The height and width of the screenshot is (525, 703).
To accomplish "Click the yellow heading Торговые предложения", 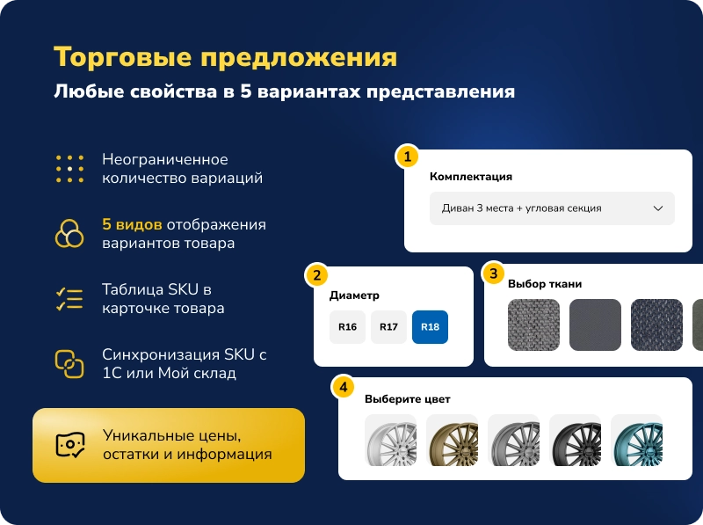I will click(x=225, y=57).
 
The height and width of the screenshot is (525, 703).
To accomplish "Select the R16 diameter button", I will click(x=347, y=327).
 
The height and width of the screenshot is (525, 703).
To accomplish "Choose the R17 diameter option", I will click(x=388, y=327).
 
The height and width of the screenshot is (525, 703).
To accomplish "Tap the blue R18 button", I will click(x=430, y=327).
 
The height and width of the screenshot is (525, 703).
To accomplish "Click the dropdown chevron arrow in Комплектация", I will click(x=658, y=208).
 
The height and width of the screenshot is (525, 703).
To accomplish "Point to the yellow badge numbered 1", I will click(x=406, y=157).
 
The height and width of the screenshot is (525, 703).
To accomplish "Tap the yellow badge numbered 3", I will click(x=494, y=273).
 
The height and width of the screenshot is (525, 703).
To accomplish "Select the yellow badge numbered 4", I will click(x=343, y=387).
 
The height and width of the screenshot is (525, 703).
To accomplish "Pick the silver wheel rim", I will click(x=390, y=441).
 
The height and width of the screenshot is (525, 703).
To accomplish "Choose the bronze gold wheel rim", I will click(x=452, y=441).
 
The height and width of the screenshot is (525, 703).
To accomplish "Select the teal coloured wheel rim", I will click(x=636, y=441).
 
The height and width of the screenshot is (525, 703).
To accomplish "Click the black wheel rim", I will click(x=575, y=441).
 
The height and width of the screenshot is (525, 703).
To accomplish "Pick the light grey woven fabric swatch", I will click(x=533, y=325).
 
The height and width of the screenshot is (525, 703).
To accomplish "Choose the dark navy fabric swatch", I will click(x=656, y=325).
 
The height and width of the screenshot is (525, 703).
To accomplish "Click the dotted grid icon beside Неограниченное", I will click(x=69, y=169).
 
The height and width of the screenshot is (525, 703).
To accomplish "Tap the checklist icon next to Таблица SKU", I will click(x=69, y=299).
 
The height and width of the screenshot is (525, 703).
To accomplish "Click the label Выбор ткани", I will click(x=545, y=284).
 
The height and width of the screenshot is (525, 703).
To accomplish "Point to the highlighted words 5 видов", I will click(x=132, y=224).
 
